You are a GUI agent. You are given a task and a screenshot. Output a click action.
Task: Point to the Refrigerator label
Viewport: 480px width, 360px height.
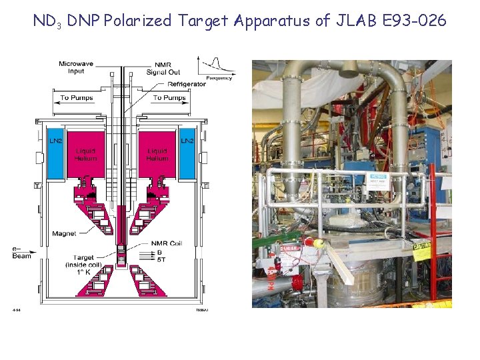pyautogui.click(x=187, y=84)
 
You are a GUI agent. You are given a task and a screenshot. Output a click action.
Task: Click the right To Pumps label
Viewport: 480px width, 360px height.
pyautogui.click(x=169, y=98)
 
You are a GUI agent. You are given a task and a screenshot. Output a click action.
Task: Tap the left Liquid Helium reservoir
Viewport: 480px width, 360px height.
pyautogui.click(x=86, y=155)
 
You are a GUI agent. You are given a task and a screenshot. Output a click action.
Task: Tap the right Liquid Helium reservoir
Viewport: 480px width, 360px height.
pyautogui.click(x=157, y=155)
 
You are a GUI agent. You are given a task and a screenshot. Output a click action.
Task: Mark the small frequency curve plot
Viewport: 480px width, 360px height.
pyautogui.click(x=215, y=67)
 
